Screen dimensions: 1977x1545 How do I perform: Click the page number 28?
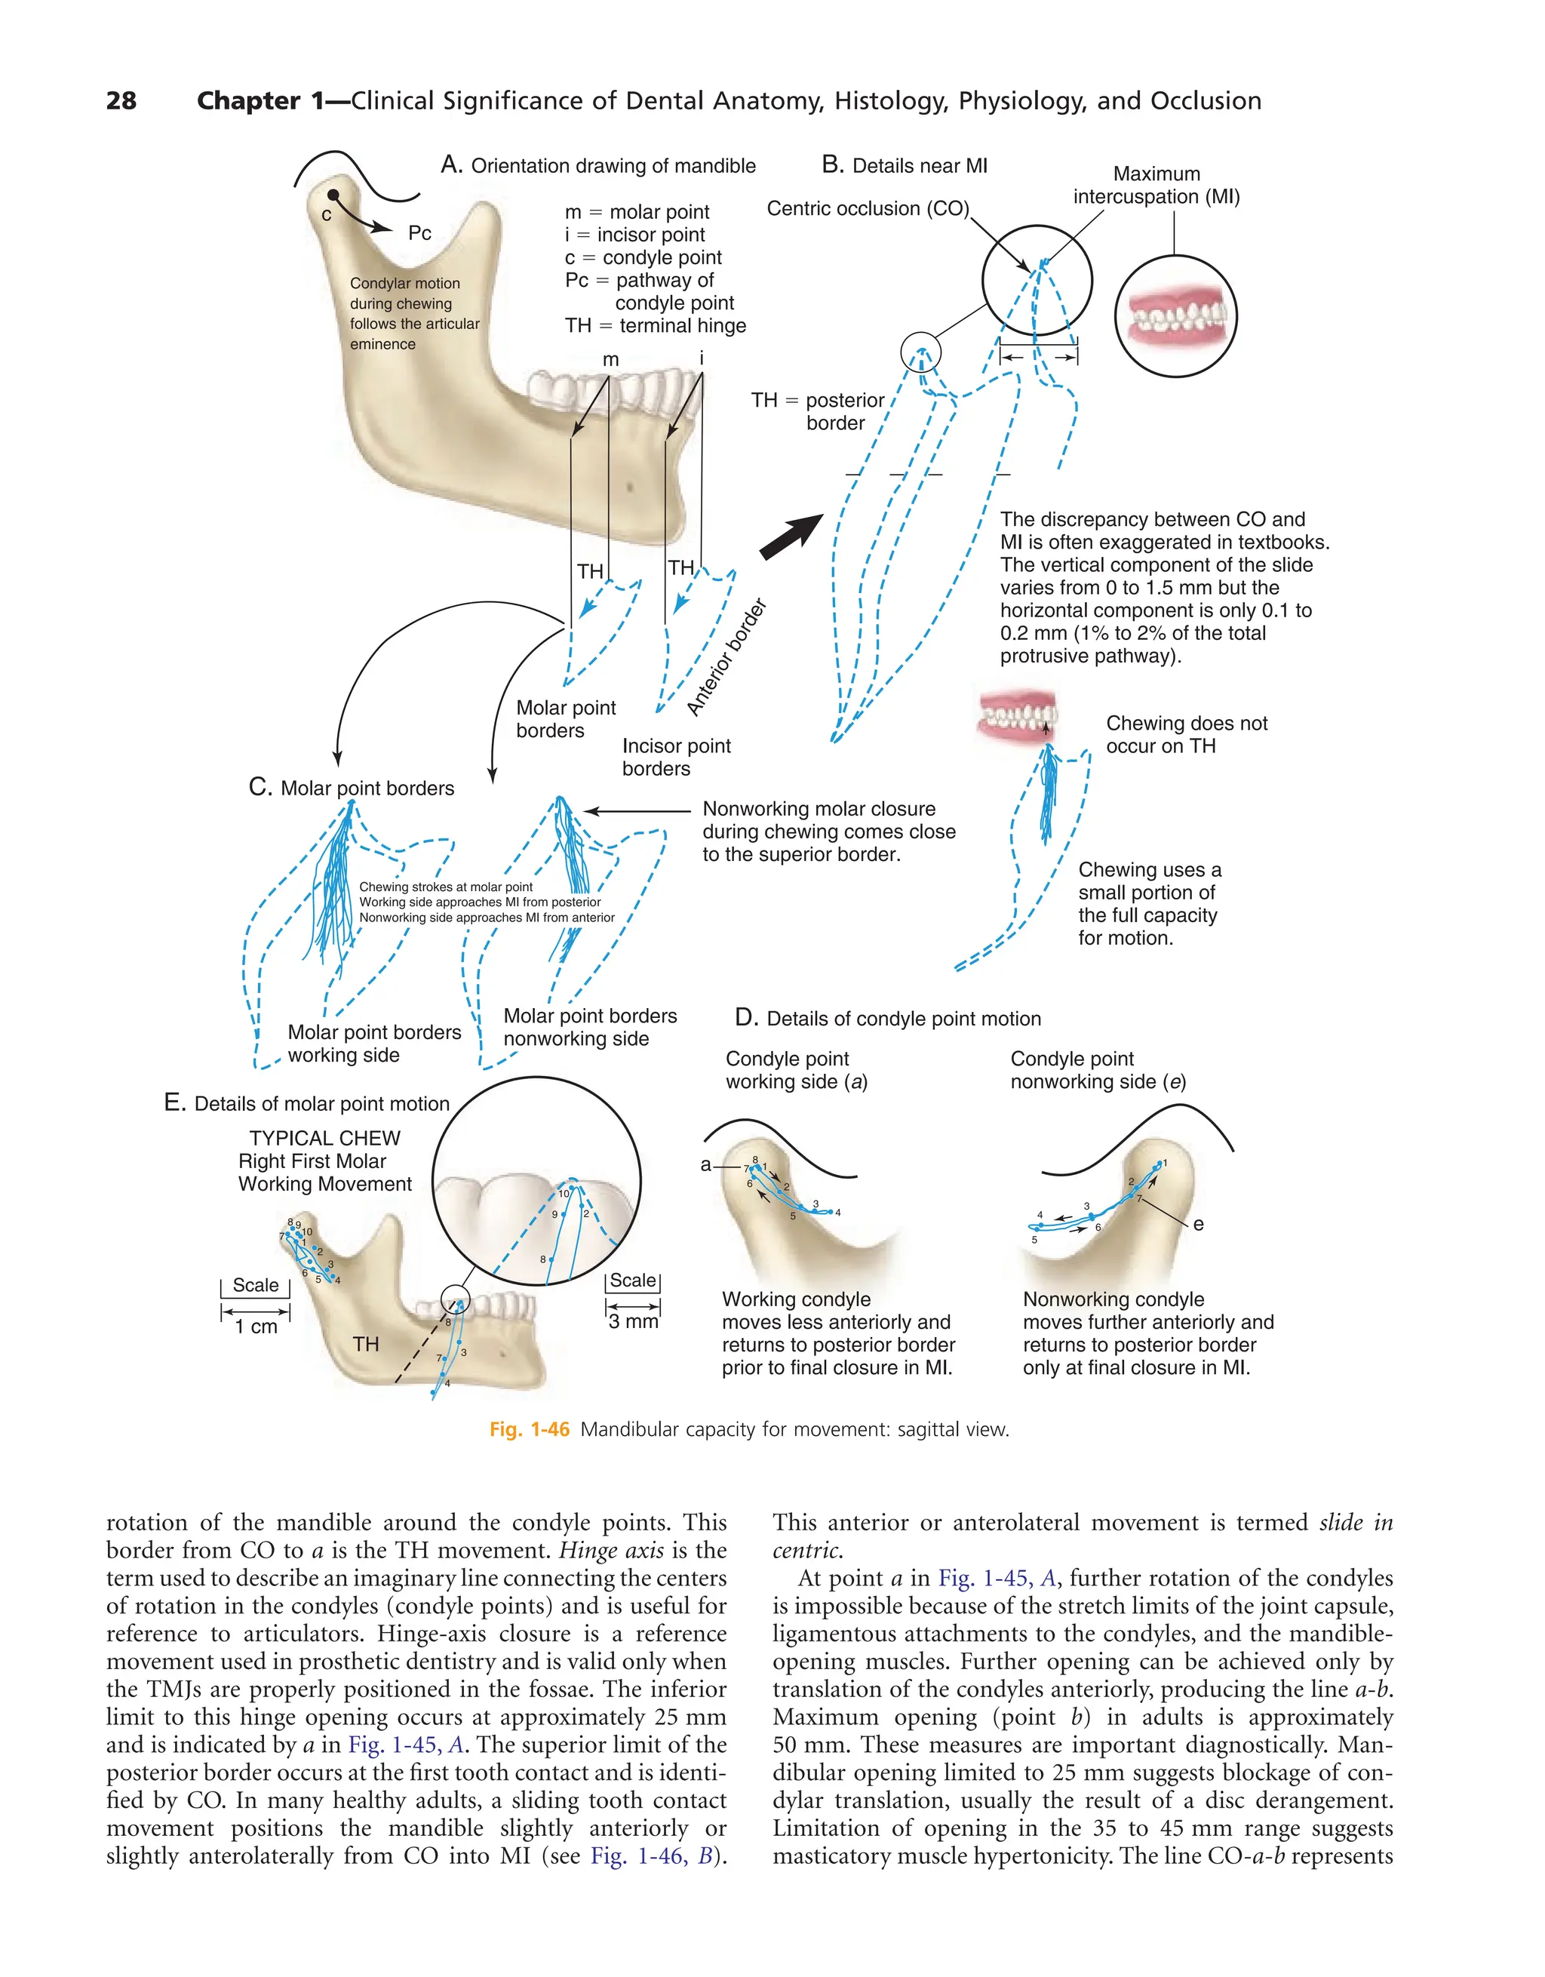(x=121, y=100)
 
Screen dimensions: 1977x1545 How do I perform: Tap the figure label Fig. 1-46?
(x=530, y=1429)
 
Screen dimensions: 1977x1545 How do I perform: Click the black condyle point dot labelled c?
(x=333, y=195)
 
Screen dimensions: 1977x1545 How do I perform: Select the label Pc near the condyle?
(x=419, y=234)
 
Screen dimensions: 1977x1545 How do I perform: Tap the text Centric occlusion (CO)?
(x=867, y=209)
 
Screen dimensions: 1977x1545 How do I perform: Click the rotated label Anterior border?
(x=726, y=657)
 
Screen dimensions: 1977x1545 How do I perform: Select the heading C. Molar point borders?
(x=352, y=789)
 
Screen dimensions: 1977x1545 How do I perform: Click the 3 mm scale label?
(x=634, y=1321)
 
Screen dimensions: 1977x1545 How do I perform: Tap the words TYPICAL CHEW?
(x=324, y=1139)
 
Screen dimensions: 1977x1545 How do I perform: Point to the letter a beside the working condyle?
(x=706, y=1165)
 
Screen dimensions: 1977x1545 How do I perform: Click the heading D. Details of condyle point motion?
(x=888, y=1019)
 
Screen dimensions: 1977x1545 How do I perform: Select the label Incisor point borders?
(x=676, y=758)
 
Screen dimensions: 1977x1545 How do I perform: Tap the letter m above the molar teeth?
(x=611, y=359)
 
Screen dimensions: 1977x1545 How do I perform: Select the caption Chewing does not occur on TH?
(x=1186, y=735)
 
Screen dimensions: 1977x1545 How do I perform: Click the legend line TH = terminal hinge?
(x=656, y=326)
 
